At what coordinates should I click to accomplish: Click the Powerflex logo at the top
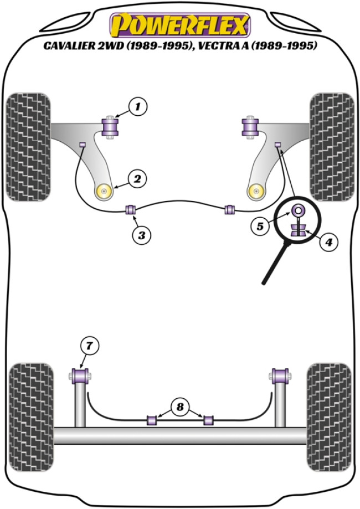pyautogui.click(x=180, y=25)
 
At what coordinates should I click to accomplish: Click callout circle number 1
pyautogui.click(x=138, y=105)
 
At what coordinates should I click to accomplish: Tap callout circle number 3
pyautogui.click(x=142, y=235)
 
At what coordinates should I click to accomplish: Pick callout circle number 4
pyautogui.click(x=328, y=241)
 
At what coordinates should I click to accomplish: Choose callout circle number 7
pyautogui.click(x=89, y=346)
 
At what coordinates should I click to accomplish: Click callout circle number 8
pyautogui.click(x=179, y=408)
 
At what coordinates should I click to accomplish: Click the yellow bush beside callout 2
pyautogui.click(x=105, y=191)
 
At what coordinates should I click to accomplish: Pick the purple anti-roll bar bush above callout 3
pyautogui.click(x=132, y=210)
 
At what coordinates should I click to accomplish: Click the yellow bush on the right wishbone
pyautogui.click(x=255, y=191)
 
